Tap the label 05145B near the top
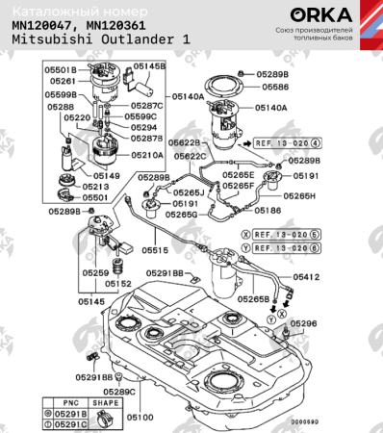tap(149, 66)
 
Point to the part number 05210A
tap(147, 154)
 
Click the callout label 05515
tap(155, 250)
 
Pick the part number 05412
tap(306, 277)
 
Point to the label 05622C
tap(189, 156)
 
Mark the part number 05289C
tap(120, 393)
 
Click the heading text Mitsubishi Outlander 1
tap(100, 41)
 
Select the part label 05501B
tap(62, 70)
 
